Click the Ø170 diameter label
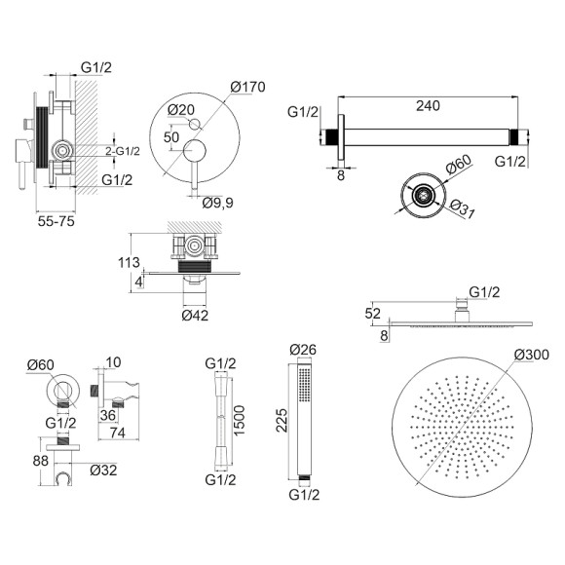247,87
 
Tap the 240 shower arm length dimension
428,105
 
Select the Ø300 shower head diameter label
532,355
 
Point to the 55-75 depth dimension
56,221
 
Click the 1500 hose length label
239,420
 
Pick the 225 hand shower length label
282,420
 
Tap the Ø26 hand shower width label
303,349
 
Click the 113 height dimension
129,262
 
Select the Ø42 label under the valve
195,316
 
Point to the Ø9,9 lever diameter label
217,203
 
